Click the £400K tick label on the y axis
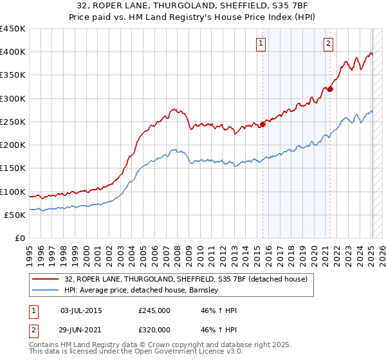point(13,52)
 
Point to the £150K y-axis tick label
point(13,168)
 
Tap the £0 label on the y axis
point(19,239)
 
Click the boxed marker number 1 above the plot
point(261,44)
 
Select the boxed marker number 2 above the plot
point(328,44)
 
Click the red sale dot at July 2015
point(262,125)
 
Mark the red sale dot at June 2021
point(330,89)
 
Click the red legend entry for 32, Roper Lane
point(186,279)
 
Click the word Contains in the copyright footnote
point(44,346)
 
